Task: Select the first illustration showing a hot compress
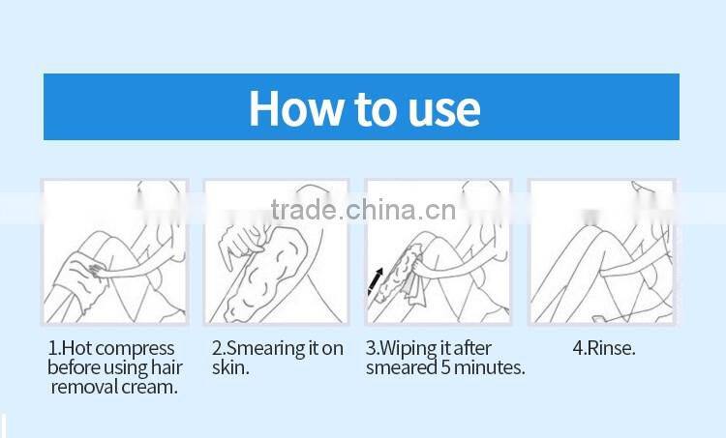pyautogui.click(x=114, y=251)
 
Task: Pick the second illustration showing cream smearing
pyautogui.click(x=275, y=251)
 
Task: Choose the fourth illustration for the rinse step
pyautogui.click(x=600, y=251)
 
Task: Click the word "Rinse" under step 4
pyautogui.click(x=611, y=348)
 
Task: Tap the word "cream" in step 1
pyautogui.click(x=152, y=387)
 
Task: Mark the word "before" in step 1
pyautogui.click(x=73, y=367)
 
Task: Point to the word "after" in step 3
pyautogui.click(x=472, y=348)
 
